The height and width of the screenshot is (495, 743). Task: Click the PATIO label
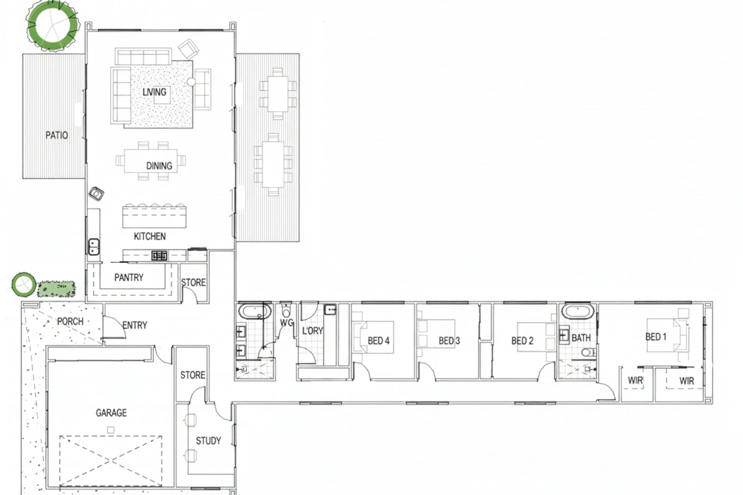point(57,135)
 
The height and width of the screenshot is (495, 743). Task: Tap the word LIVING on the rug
point(154,92)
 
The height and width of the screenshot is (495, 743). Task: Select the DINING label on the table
point(159,166)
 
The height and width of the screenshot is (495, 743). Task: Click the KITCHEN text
point(150,237)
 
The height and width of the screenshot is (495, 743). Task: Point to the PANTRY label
point(128,277)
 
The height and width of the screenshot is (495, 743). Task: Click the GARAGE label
point(111,413)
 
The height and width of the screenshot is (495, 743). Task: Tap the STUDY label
point(208,441)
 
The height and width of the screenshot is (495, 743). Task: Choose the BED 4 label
point(378,341)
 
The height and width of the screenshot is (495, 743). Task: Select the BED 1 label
point(656,337)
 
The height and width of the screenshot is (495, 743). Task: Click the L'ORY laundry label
point(313,331)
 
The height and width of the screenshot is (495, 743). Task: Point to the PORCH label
point(70,322)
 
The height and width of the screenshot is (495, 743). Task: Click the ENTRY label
point(135,325)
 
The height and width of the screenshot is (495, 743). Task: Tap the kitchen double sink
point(93,247)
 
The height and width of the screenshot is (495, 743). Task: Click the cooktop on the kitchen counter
point(159,256)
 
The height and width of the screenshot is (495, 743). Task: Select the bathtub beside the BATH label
point(577,311)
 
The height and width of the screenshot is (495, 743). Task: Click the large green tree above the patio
point(53,25)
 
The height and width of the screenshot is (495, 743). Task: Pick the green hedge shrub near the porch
point(56,289)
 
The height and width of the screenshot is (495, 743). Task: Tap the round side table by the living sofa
point(191,82)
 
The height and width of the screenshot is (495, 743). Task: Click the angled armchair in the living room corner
point(188,49)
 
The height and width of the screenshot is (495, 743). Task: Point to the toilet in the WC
point(286,310)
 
